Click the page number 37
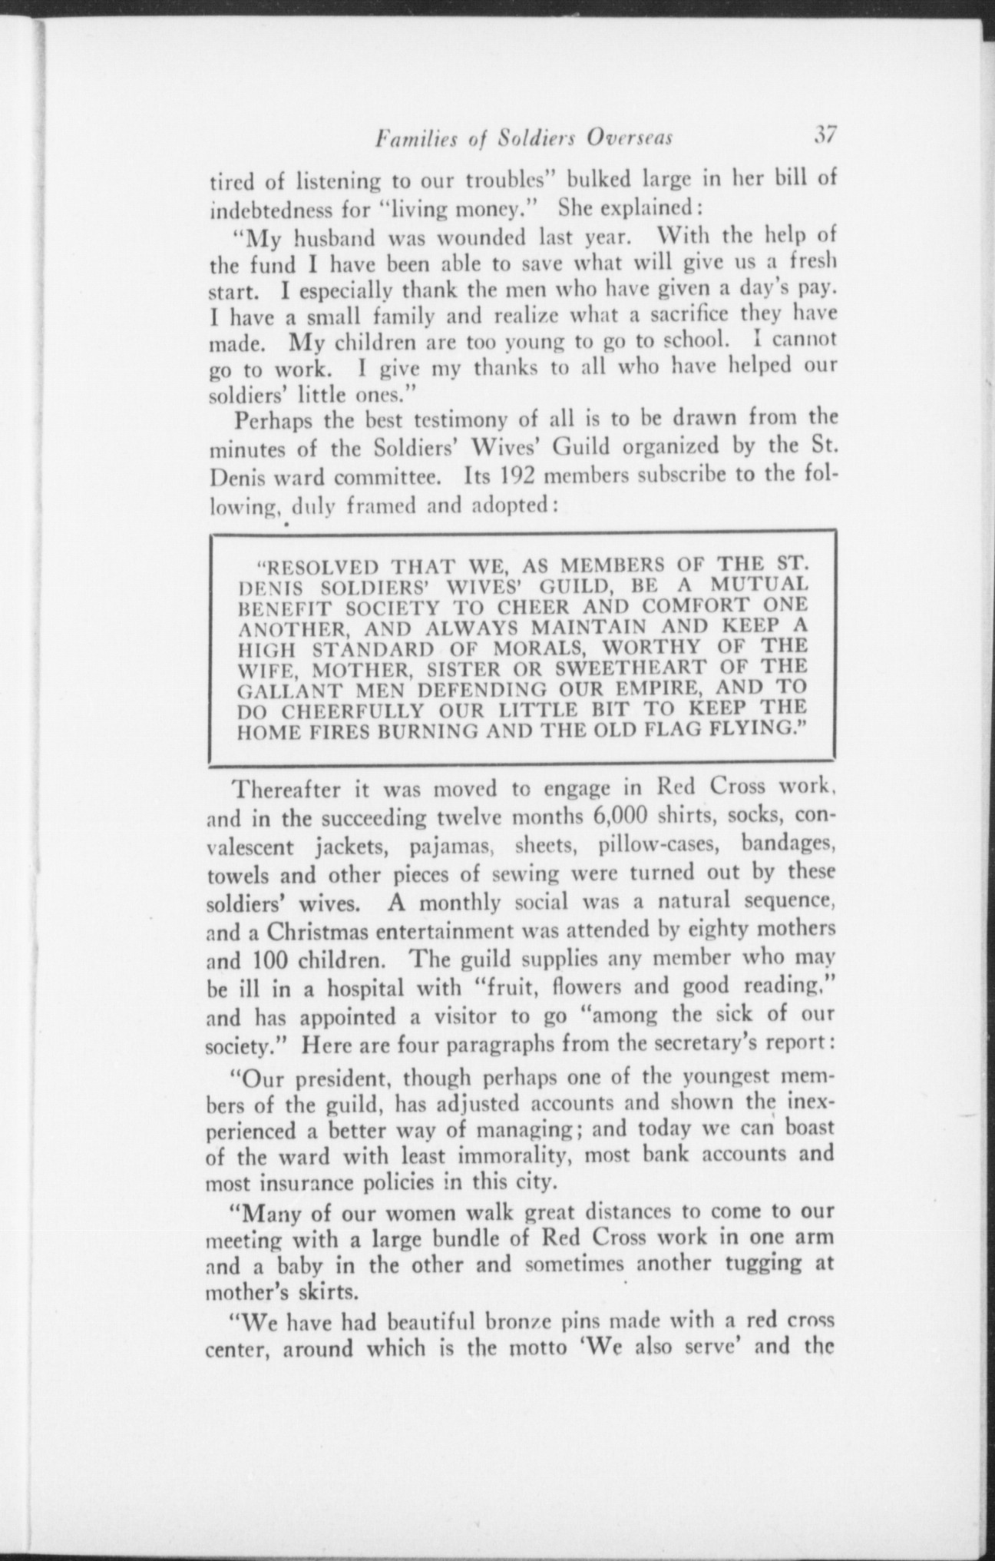(x=825, y=135)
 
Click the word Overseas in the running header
(x=630, y=138)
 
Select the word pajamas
(x=447, y=846)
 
